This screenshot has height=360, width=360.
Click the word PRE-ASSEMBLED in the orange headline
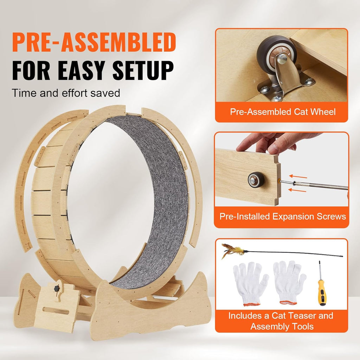coord(94,42)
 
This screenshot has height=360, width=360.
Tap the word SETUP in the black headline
coord(143,70)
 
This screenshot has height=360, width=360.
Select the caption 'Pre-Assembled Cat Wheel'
coord(283,112)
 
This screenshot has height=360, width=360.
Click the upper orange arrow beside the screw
coord(298,176)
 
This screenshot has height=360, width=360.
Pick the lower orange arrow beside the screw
coord(297,190)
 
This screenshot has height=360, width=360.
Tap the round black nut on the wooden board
coord(256,180)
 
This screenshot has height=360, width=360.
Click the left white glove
coord(250,284)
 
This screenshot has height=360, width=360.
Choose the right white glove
coord(289,282)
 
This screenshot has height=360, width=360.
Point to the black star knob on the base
coord(57,288)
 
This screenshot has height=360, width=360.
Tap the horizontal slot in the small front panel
coord(56,311)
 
